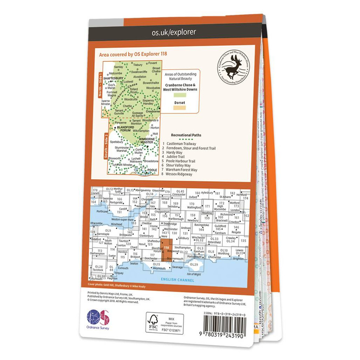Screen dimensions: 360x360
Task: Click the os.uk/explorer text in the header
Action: click(174, 33)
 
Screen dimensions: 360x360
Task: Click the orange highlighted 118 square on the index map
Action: click(166, 251)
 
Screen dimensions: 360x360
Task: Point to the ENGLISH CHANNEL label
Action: click(177, 280)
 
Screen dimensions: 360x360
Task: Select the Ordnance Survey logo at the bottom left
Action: click(98, 319)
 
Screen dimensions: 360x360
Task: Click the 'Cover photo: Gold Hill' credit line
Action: click(116, 286)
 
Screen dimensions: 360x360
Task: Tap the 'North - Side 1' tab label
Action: click(100, 85)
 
